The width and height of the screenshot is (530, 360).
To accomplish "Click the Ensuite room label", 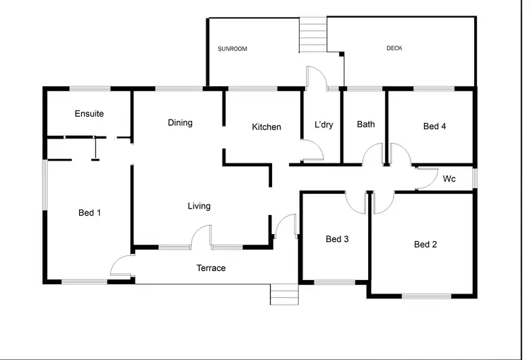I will point(89,113).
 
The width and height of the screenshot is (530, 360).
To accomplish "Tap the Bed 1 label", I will point(89,212).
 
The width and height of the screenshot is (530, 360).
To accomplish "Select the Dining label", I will point(180,122).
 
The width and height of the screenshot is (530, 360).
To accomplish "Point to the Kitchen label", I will point(266,127).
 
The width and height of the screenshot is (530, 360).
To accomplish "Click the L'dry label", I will point(324,124).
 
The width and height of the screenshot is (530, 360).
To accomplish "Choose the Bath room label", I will point(365,124).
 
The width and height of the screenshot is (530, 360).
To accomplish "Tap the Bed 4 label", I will point(434,127).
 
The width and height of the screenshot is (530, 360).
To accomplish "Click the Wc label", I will point(449,180).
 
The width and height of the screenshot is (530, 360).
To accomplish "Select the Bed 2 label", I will point(425,245).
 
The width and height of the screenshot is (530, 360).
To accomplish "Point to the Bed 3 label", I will point(337,239).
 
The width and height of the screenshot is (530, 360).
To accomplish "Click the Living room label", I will point(199,206).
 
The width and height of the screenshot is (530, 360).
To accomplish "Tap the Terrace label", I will point(211,268).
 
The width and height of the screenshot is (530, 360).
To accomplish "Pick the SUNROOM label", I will point(232,49).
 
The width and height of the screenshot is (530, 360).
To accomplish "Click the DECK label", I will point(394,48).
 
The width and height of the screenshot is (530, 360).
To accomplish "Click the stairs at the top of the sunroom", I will point(312,33).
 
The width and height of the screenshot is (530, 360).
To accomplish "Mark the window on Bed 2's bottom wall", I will point(426,296).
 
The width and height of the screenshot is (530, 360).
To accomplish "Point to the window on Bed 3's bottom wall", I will point(334,282).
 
